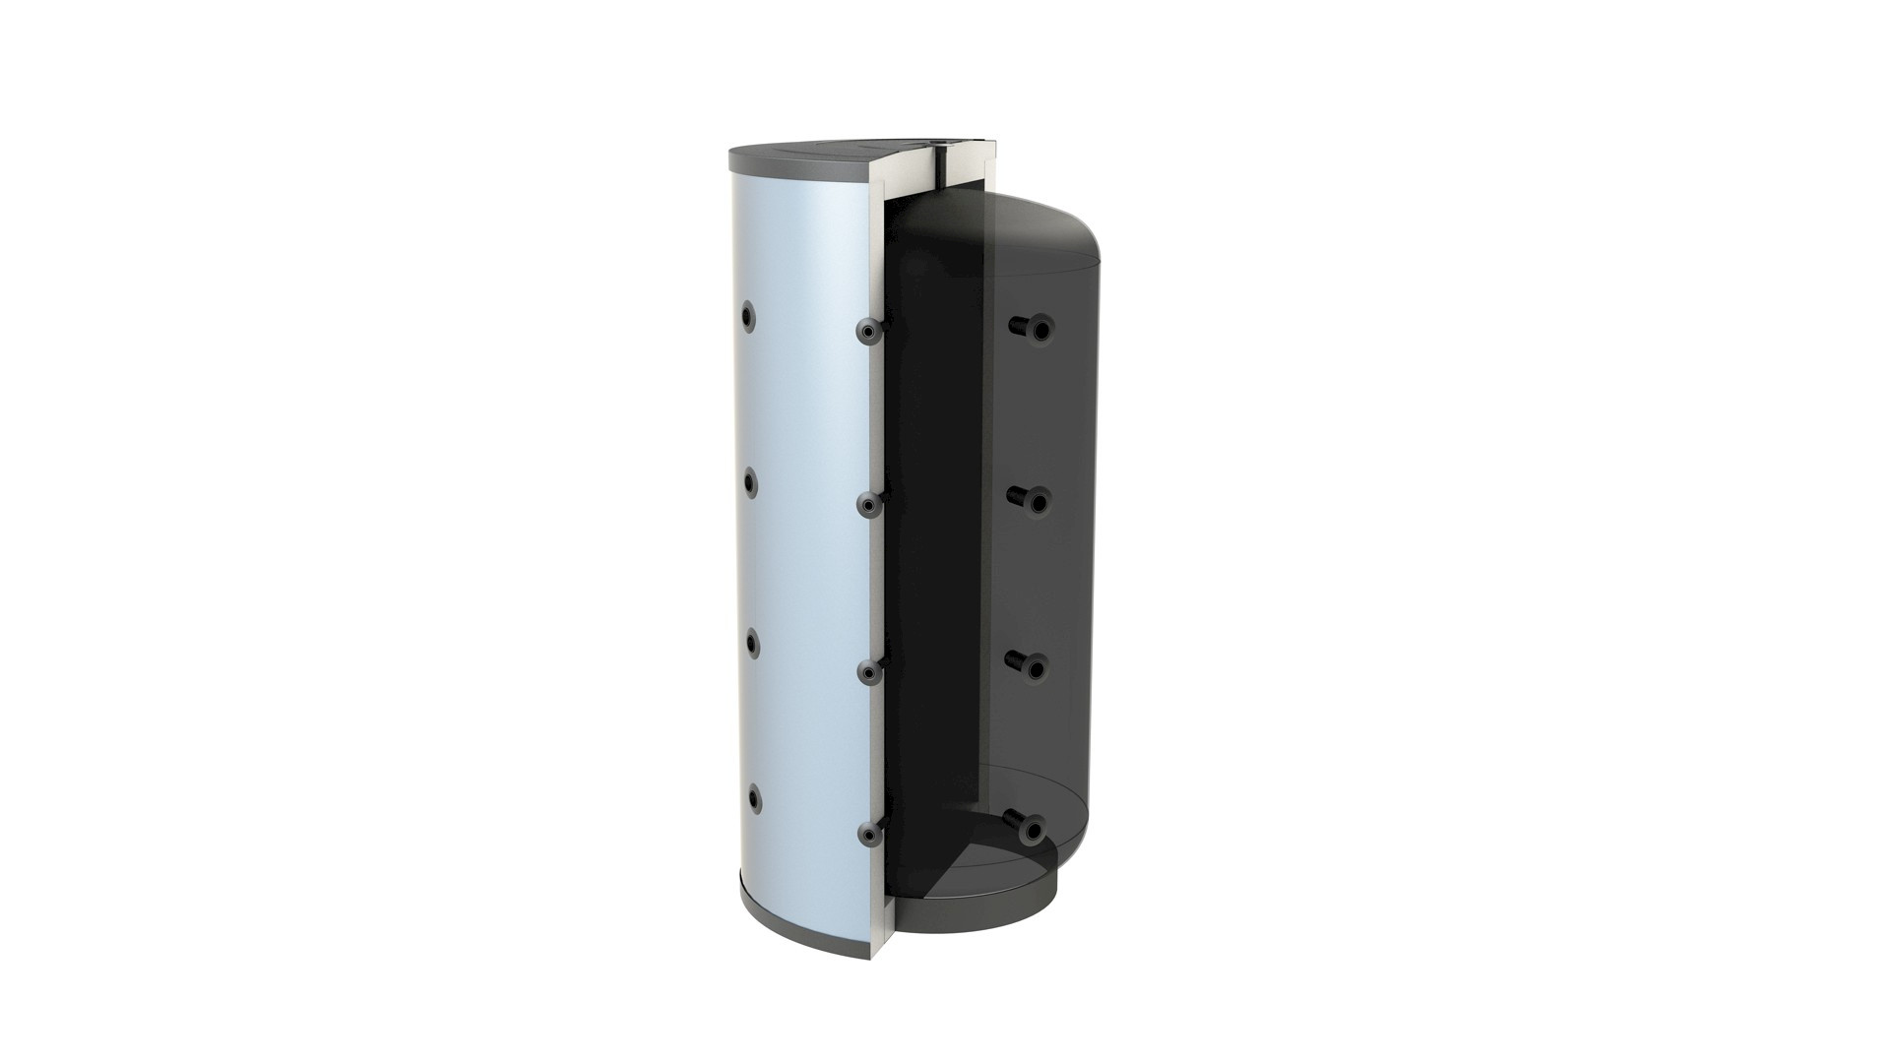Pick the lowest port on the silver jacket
(752, 797)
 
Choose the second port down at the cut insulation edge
(868, 505)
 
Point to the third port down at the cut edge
(868, 672)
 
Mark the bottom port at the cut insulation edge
(868, 835)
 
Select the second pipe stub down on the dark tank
(1034, 501)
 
